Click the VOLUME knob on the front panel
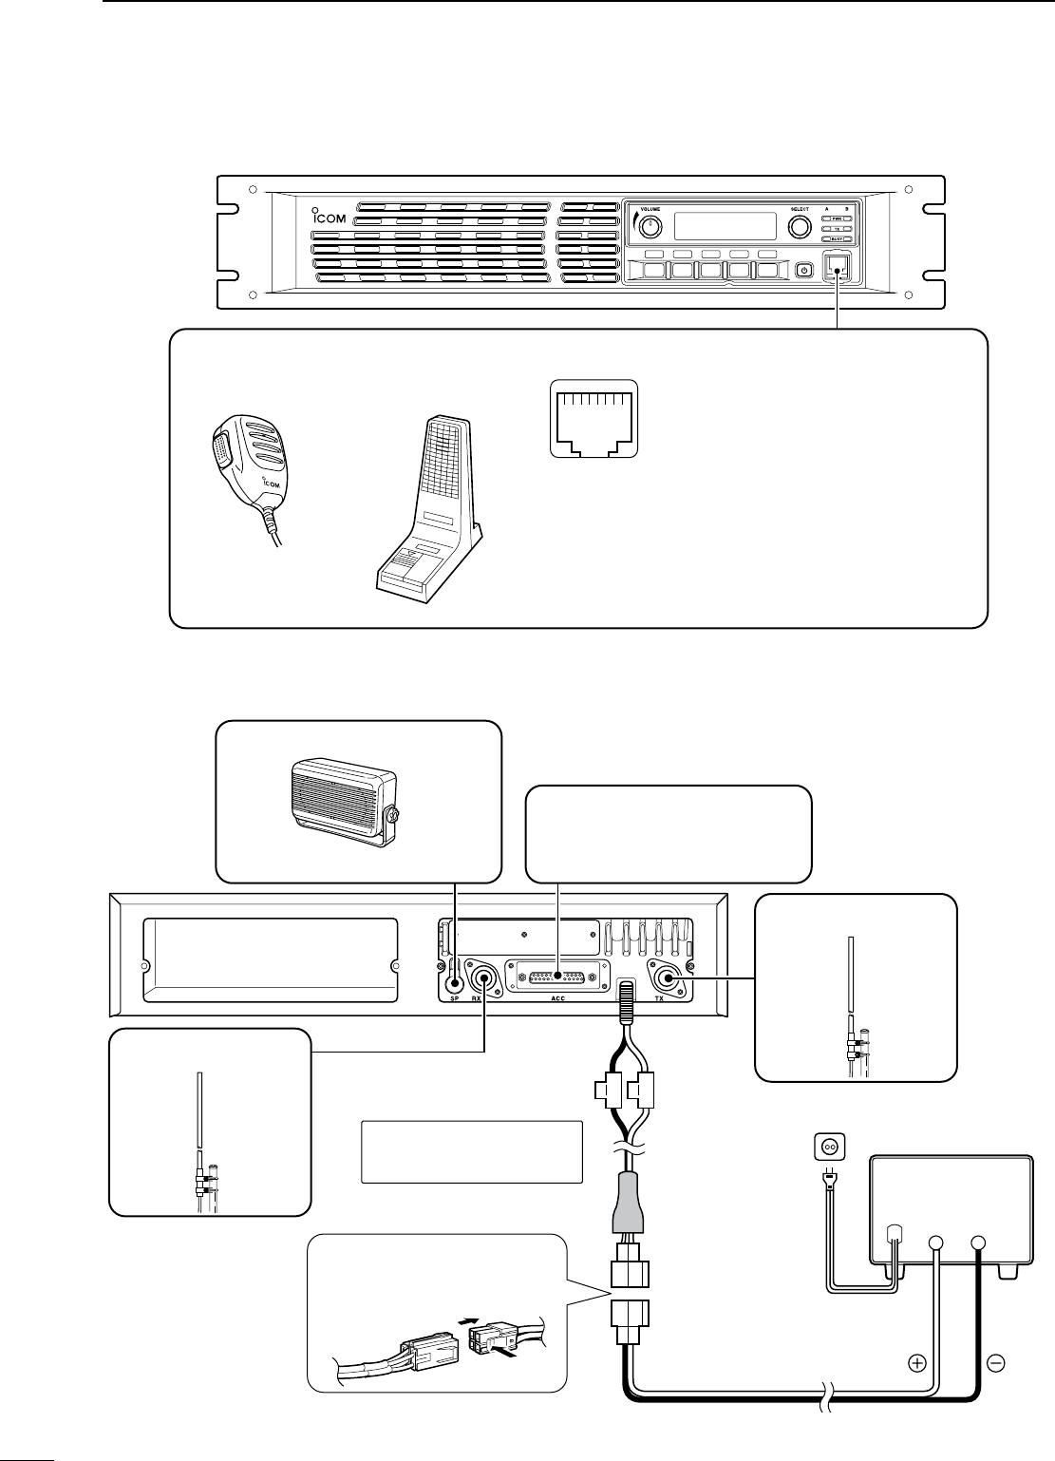pos(650,227)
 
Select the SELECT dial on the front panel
pos(798,227)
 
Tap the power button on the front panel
pos(804,270)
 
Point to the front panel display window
pos(725,226)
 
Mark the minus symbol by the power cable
pos(997,1364)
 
